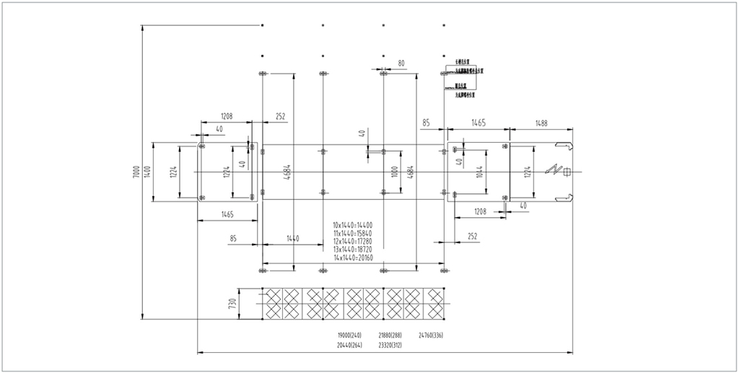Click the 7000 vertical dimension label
click(x=136, y=171)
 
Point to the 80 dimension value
click(x=401, y=63)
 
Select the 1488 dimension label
click(x=541, y=123)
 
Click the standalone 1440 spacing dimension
click(x=292, y=237)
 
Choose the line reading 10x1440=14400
click(x=353, y=225)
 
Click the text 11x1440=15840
click(x=353, y=233)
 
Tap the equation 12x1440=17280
click(x=353, y=241)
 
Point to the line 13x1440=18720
click(x=353, y=249)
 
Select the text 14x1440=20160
click(x=353, y=257)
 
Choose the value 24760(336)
click(x=431, y=335)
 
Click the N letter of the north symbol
click(x=554, y=171)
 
